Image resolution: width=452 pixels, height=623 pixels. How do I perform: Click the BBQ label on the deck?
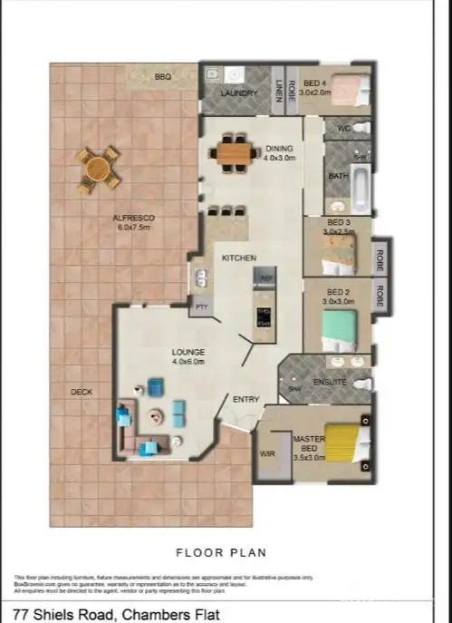(163, 77)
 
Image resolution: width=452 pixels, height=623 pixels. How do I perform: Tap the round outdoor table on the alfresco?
(97, 168)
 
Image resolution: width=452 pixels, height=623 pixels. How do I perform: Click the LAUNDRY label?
(239, 92)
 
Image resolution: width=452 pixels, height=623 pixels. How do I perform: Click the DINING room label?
(279, 153)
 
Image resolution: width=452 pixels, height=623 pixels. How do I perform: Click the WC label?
(342, 128)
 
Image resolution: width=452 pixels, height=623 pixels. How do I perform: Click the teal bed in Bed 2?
(343, 326)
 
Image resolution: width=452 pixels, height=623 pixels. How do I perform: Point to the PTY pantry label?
(200, 308)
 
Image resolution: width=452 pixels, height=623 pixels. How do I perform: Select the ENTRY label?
(246, 399)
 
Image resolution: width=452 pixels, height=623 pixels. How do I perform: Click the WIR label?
(267, 453)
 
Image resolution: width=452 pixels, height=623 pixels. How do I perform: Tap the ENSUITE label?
(331, 382)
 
